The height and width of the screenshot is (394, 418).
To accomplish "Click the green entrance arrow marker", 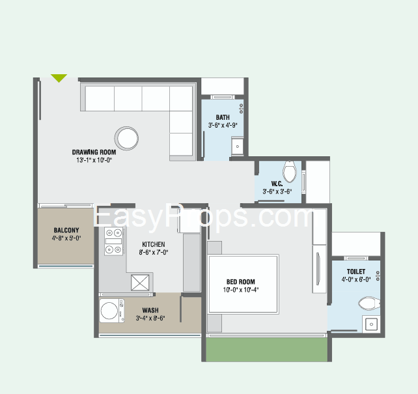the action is click(x=59, y=78).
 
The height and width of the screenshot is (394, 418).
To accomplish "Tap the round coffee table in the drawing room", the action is click(x=126, y=138).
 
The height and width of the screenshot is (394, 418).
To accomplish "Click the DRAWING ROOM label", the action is click(x=94, y=152).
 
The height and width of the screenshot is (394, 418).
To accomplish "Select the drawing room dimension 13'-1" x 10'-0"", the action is click(x=94, y=160).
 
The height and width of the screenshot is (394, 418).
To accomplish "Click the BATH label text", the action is click(x=223, y=117).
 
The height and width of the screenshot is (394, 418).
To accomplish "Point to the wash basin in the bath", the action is click(x=237, y=146).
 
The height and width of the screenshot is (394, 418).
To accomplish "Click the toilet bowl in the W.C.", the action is click(x=290, y=171).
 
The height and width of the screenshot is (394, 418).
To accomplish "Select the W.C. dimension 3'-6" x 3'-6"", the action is click(x=277, y=191).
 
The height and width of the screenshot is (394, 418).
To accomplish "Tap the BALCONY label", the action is click(x=66, y=230).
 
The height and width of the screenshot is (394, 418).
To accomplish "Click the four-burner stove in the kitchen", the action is click(x=114, y=241).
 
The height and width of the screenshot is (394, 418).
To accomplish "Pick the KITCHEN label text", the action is click(x=153, y=244).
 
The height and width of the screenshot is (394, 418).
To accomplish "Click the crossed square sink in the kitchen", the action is click(x=140, y=283).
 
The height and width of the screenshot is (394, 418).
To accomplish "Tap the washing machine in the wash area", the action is click(x=112, y=311).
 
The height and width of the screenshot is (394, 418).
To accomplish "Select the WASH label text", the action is click(x=150, y=310).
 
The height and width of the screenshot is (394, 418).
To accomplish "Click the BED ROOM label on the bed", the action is click(x=241, y=282).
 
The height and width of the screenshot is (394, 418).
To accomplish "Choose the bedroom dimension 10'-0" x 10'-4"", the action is click(x=241, y=290).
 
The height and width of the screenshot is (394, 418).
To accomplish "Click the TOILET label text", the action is click(x=356, y=272).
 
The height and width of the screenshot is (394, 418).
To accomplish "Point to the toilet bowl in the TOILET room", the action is click(x=369, y=303).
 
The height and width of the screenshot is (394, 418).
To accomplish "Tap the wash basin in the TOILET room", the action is click(x=371, y=324).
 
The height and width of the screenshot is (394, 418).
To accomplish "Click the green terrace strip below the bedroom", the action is click(x=266, y=350).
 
